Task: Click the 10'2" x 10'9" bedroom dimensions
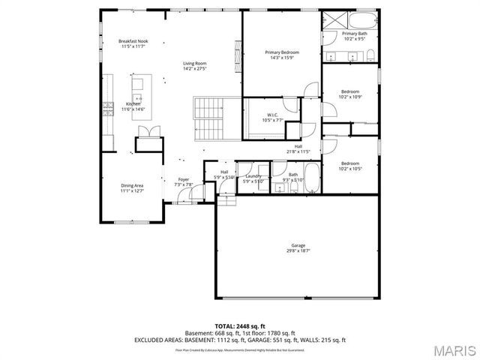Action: pos(350,97)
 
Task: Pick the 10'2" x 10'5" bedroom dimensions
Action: pos(350,169)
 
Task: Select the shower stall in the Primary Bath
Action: pos(332,21)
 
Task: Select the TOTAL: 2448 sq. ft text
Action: pos(239,326)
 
